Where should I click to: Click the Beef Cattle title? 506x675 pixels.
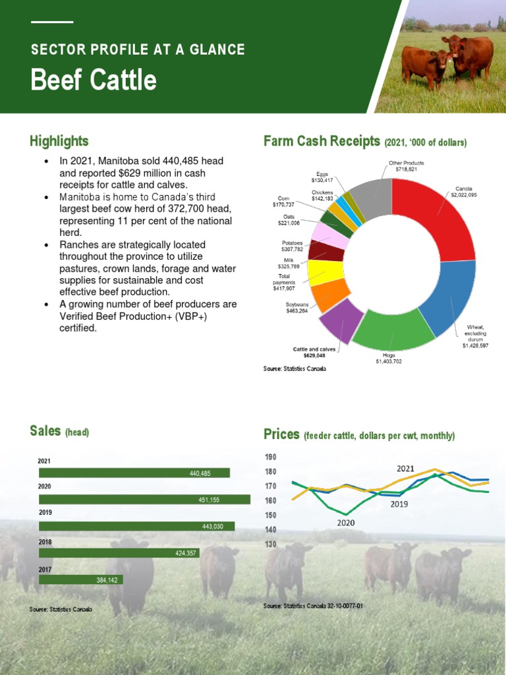(94, 80)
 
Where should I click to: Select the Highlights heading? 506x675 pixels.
(59, 141)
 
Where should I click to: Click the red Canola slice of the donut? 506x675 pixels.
(438, 214)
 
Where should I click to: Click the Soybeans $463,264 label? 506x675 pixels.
(297, 308)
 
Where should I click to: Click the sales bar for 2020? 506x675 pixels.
(145, 500)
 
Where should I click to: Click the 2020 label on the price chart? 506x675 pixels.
(346, 523)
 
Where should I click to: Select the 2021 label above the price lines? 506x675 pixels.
(405, 468)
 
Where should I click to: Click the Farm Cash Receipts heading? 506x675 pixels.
(322, 141)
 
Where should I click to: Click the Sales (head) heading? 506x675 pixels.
(59, 431)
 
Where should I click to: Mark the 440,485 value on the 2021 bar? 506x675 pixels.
(200, 473)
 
